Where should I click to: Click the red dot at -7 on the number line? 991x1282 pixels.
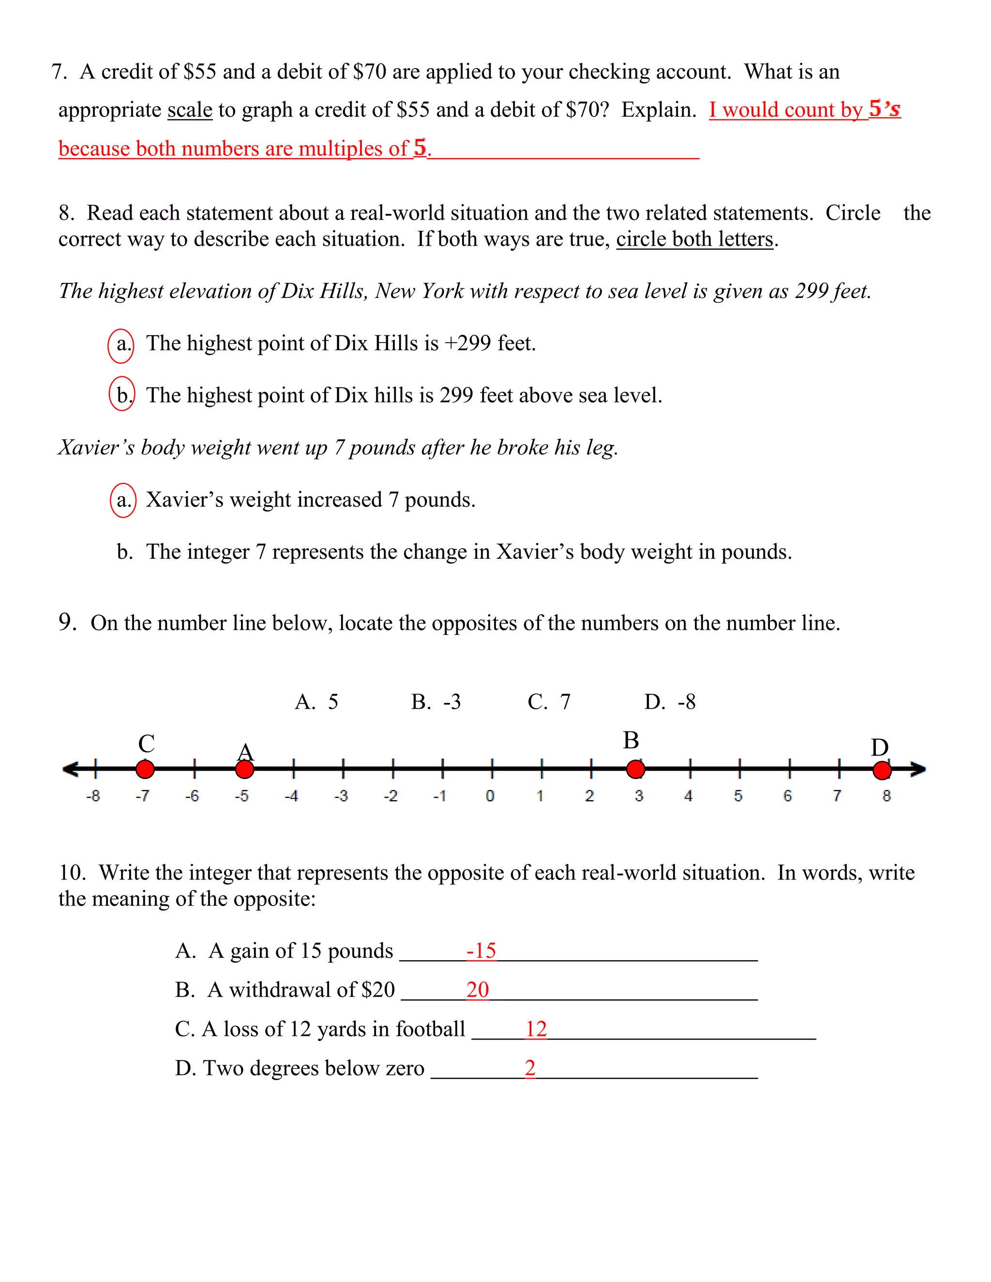[145, 769]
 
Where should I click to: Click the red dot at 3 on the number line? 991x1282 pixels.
[635, 769]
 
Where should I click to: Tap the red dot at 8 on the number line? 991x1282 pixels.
[882, 770]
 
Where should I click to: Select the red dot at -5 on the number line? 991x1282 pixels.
[245, 769]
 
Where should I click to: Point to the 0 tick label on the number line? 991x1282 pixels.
[490, 796]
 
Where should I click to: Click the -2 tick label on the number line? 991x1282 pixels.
[390, 796]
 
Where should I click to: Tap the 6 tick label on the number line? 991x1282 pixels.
[788, 796]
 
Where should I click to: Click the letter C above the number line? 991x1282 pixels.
[146, 744]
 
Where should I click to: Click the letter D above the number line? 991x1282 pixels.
[879, 747]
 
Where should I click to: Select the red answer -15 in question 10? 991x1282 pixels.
[481, 950]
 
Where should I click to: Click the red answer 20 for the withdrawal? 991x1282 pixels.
[477, 990]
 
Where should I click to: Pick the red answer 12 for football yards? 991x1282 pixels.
[536, 1029]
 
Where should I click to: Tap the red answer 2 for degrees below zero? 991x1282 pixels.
[529, 1068]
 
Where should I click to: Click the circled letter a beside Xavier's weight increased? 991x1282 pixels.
[123, 500]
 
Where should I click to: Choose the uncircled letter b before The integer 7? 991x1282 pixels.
[124, 552]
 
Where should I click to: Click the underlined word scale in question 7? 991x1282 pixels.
[190, 110]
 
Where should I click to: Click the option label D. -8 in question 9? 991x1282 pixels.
[669, 701]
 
